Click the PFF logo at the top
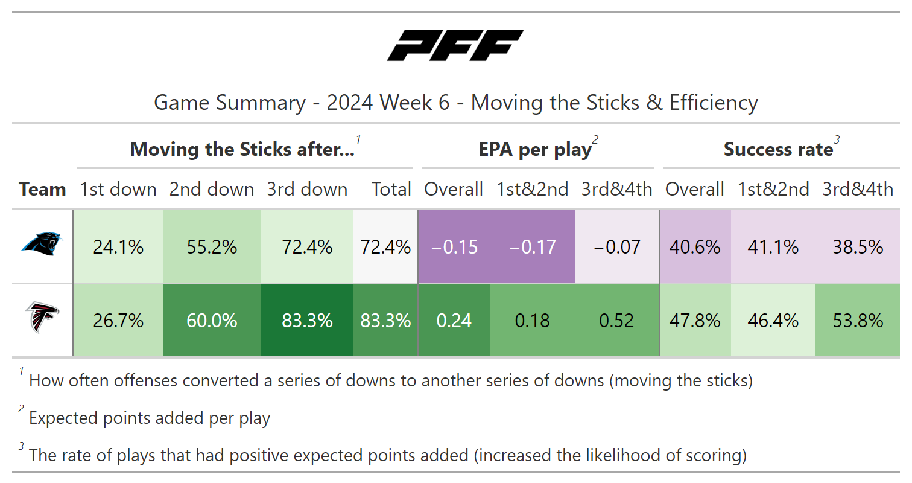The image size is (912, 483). click(x=455, y=45)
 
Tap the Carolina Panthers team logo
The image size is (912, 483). click(x=42, y=244)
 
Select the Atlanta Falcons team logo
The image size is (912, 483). click(x=42, y=318)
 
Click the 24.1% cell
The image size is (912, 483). click(x=118, y=246)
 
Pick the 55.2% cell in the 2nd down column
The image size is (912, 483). click(x=212, y=246)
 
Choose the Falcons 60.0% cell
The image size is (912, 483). click(x=212, y=321)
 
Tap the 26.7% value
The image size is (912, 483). click(x=118, y=321)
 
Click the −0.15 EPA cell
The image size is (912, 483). click(x=454, y=246)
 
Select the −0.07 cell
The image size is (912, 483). click(x=617, y=246)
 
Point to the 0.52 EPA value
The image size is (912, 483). click(x=616, y=321)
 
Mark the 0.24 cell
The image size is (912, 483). click(x=454, y=321)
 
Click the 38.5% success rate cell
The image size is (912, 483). click(x=858, y=246)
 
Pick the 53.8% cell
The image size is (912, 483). click(x=858, y=321)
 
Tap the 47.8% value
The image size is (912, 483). click(x=695, y=321)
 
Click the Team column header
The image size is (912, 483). click(x=42, y=189)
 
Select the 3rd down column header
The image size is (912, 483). click(x=307, y=189)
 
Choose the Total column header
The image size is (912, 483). click(x=391, y=189)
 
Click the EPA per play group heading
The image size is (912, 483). click(x=535, y=149)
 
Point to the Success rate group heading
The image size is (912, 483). click(x=779, y=149)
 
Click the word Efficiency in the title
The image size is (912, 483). click(x=714, y=102)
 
